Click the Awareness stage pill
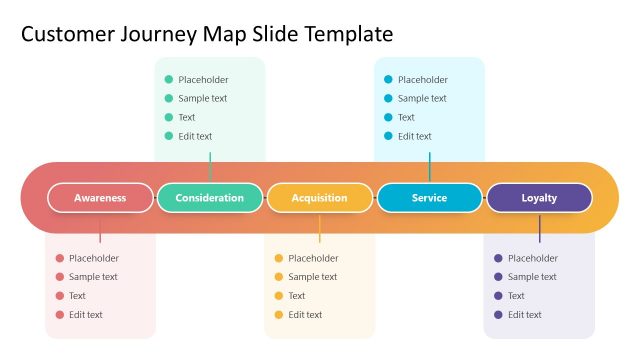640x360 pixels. [100, 198]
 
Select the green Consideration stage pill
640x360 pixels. [210, 198]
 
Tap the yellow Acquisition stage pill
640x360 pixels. [320, 198]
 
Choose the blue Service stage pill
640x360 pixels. [429, 198]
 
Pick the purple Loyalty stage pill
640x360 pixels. [539, 198]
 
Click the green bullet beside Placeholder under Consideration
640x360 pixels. [169, 80]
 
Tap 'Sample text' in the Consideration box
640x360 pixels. [202, 98]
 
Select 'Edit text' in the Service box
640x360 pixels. [415, 136]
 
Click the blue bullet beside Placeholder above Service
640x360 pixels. [388, 80]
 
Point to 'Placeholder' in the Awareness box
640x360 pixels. [94, 258]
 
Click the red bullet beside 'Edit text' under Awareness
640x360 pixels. [60, 315]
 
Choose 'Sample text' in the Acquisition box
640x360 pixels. [313, 277]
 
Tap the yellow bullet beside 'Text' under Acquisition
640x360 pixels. [279, 296]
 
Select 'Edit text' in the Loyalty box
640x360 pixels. [525, 315]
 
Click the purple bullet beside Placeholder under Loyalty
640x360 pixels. [498, 258]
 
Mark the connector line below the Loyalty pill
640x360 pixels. [539, 228]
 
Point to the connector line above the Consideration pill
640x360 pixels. [210, 167]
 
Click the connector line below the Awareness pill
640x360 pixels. [100, 228]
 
